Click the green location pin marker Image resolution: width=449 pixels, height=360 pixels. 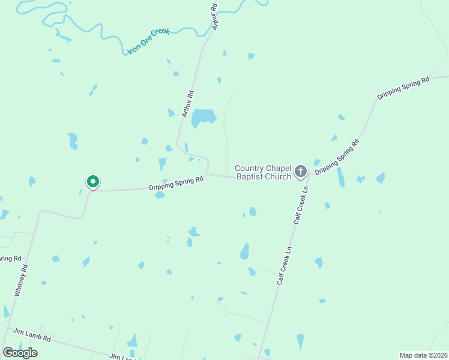(92, 181)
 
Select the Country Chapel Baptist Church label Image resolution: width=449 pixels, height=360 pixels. (263, 172)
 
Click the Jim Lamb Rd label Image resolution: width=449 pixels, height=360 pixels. (32, 335)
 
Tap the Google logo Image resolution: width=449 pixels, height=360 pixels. (20, 352)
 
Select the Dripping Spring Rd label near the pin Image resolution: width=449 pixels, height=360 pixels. (174, 184)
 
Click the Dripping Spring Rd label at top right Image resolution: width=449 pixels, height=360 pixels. (403, 88)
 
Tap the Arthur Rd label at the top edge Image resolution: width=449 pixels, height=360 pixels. (214, 16)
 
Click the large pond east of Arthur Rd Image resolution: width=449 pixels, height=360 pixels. (203, 117)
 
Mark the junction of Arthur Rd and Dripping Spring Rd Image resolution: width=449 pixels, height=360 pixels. (207, 175)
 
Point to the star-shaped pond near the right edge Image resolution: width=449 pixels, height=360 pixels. (360, 179)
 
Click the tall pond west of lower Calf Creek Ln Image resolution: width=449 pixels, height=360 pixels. (245, 251)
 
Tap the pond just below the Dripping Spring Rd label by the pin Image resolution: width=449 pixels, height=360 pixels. (160, 195)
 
